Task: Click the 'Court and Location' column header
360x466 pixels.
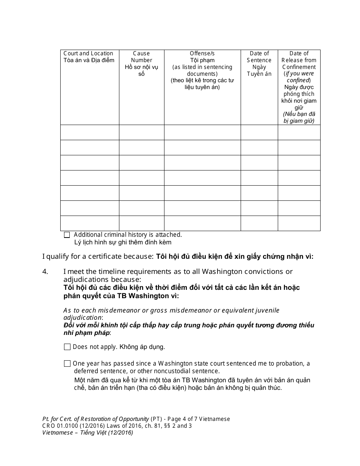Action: click(88, 53)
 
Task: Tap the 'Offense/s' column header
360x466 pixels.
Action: click(202, 53)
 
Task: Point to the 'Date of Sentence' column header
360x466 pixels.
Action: click(259, 57)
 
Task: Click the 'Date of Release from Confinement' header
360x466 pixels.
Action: click(299, 60)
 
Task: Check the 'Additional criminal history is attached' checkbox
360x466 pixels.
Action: click(67, 235)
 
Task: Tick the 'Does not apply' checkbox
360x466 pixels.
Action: click(67, 347)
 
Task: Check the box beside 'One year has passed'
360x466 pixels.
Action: click(67, 364)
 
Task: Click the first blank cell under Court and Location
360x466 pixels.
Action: click(89, 133)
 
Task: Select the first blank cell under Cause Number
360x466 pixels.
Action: click(141, 133)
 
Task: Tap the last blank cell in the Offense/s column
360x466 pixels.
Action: click(202, 223)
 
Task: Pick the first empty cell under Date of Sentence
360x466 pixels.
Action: click(259, 133)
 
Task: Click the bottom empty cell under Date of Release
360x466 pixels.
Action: click(299, 223)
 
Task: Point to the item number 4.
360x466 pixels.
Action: click(45, 271)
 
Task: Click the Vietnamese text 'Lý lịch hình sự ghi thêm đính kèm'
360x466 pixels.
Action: click(122, 242)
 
